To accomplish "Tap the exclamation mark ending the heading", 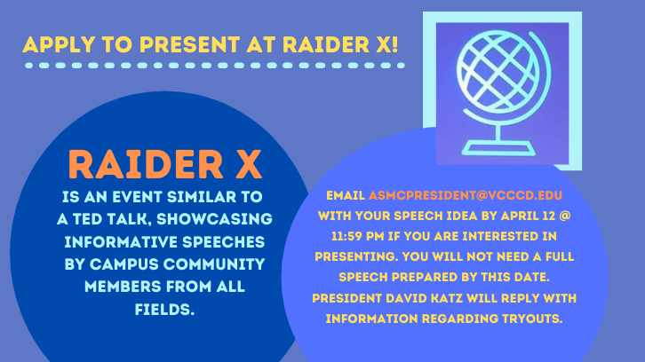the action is [x=395, y=44].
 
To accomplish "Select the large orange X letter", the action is [x=249, y=164].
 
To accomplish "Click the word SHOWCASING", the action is [x=214, y=219].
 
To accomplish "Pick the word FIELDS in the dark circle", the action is [x=164, y=309].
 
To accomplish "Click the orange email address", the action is [x=466, y=195].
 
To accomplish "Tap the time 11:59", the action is [x=346, y=236].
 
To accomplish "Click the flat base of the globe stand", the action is [x=498, y=148].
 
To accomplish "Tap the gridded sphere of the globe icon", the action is [x=498, y=73].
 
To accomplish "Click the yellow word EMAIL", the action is [x=346, y=195].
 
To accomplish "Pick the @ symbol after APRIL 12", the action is [x=565, y=216].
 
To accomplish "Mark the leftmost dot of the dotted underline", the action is [x=28, y=66].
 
